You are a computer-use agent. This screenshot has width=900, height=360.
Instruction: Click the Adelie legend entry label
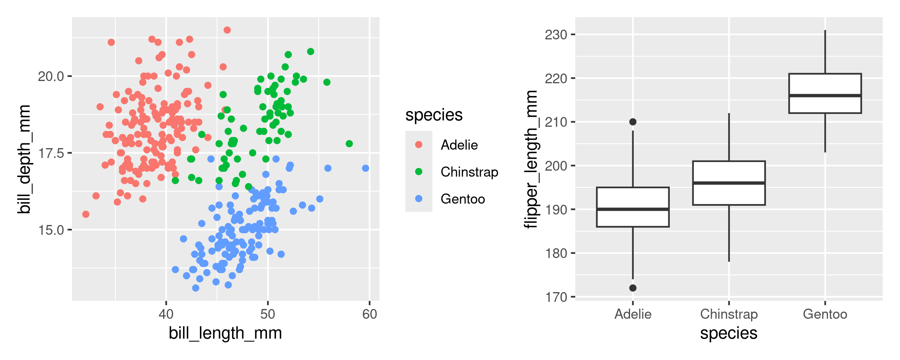point(459,145)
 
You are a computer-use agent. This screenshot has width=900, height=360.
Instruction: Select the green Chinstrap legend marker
point(419,172)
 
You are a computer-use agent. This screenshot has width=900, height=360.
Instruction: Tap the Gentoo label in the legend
point(463,199)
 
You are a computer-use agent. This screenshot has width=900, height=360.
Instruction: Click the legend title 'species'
point(434,115)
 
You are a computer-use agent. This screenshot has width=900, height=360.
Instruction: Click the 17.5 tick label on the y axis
point(51,153)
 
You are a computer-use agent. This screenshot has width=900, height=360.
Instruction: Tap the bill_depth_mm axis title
point(24,159)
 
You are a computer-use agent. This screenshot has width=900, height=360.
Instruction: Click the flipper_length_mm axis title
point(531,159)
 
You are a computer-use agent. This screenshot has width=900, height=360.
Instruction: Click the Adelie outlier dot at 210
point(633,122)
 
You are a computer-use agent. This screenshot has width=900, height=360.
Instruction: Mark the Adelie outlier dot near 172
point(633,288)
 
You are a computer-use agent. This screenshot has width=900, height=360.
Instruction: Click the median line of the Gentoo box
point(825,96)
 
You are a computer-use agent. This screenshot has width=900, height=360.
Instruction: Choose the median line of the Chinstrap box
point(729,183)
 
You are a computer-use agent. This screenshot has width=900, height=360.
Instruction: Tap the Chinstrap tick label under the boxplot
point(729,314)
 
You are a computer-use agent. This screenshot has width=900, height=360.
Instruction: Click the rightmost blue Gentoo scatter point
point(366,168)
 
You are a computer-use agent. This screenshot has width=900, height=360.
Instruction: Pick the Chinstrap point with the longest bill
point(349,144)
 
